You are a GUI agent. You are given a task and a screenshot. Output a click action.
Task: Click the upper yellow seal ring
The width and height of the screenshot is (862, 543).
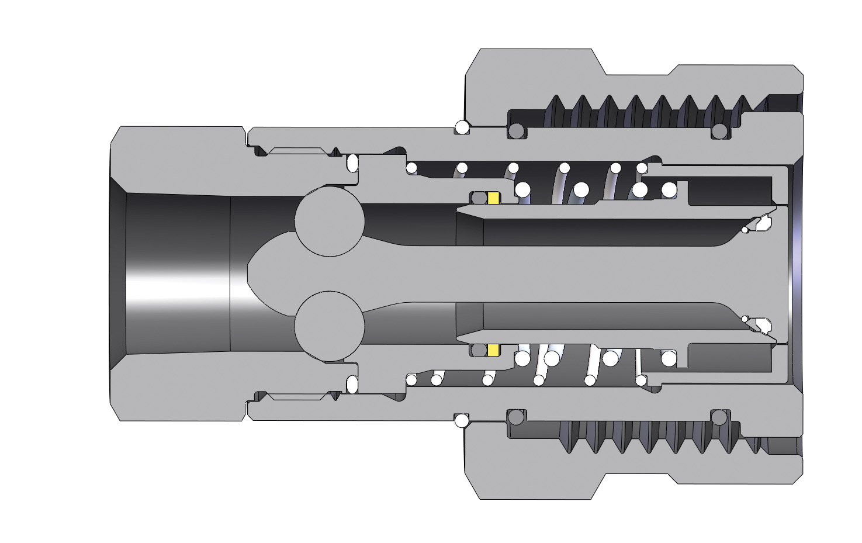pyautogui.click(x=494, y=198)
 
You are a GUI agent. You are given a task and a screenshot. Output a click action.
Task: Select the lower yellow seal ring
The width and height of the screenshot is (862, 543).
pyautogui.click(x=494, y=350)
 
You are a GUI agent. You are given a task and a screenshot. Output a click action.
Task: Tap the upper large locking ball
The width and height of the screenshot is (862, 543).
pyautogui.click(x=330, y=222)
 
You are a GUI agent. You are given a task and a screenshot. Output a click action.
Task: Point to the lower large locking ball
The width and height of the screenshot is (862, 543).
pyautogui.click(x=330, y=326)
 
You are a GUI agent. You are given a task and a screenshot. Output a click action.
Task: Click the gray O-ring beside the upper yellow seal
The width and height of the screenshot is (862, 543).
pyautogui.click(x=479, y=198)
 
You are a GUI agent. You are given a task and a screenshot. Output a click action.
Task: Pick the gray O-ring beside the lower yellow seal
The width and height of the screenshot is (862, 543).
pyautogui.click(x=479, y=350)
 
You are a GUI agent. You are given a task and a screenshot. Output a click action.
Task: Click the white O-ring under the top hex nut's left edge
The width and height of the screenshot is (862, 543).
pyautogui.click(x=462, y=127)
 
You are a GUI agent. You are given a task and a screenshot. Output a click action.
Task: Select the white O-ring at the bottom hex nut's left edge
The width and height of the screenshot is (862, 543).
pyautogui.click(x=462, y=420)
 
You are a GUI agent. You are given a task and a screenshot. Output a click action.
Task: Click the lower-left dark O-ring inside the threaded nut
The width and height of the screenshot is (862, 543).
pyautogui.click(x=515, y=417)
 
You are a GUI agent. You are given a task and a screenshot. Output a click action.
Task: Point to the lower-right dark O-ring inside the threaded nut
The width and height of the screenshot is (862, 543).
pyautogui.click(x=719, y=417)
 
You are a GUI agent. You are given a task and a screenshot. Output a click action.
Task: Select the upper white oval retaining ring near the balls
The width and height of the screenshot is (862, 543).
pyautogui.click(x=352, y=162)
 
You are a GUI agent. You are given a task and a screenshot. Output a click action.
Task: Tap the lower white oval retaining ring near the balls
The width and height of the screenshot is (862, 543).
pyautogui.click(x=352, y=385)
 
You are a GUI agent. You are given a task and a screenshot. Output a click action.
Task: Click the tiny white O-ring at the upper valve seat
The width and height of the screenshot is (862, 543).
pyautogui.click(x=745, y=230)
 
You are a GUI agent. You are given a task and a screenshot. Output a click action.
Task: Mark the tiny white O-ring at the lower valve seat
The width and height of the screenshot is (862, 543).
pyautogui.click(x=745, y=319)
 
